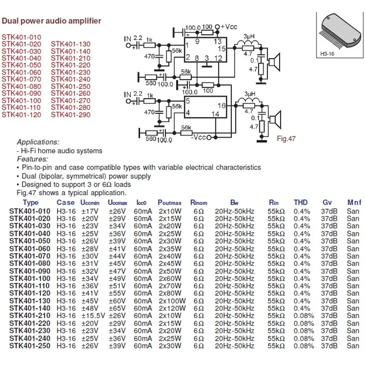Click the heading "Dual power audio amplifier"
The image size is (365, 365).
point(51,21)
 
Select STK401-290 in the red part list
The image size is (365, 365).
point(71,115)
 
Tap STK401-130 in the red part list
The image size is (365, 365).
point(71,44)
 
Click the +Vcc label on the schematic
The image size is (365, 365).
point(229,26)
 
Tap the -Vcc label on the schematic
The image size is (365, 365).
point(200,136)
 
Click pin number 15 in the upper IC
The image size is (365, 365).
point(222,48)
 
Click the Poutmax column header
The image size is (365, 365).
point(170,202)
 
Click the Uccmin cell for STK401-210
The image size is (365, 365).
point(93,315)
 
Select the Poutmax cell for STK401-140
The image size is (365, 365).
point(172,308)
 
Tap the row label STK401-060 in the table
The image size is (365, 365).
point(30,249)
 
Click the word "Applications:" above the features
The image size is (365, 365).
point(38,142)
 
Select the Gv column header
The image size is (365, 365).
point(327,202)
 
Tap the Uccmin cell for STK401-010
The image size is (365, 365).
point(90,211)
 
